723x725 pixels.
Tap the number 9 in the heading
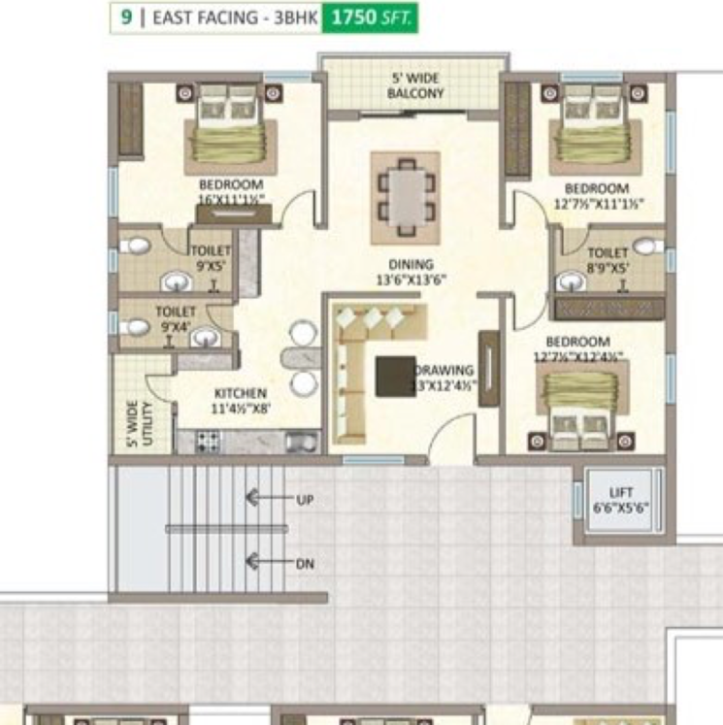point(125,18)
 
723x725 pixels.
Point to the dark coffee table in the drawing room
point(395,376)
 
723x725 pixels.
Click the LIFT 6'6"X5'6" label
point(620,501)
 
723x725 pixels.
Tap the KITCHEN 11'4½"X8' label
point(241,400)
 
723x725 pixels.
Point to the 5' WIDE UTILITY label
point(140,423)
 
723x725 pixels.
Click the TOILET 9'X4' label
point(176,318)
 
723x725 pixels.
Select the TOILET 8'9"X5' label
point(608,259)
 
